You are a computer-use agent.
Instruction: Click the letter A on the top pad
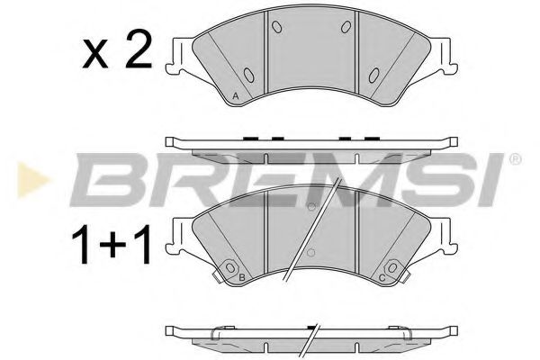235,95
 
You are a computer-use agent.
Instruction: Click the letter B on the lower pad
243,278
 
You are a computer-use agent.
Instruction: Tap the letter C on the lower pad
383,278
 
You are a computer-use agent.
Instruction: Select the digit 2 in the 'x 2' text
137,53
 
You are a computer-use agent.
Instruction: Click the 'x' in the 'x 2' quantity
94,58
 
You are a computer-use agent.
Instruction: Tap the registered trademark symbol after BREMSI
514,160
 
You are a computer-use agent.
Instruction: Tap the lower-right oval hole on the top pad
373,74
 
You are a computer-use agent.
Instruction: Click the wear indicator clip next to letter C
392,268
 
